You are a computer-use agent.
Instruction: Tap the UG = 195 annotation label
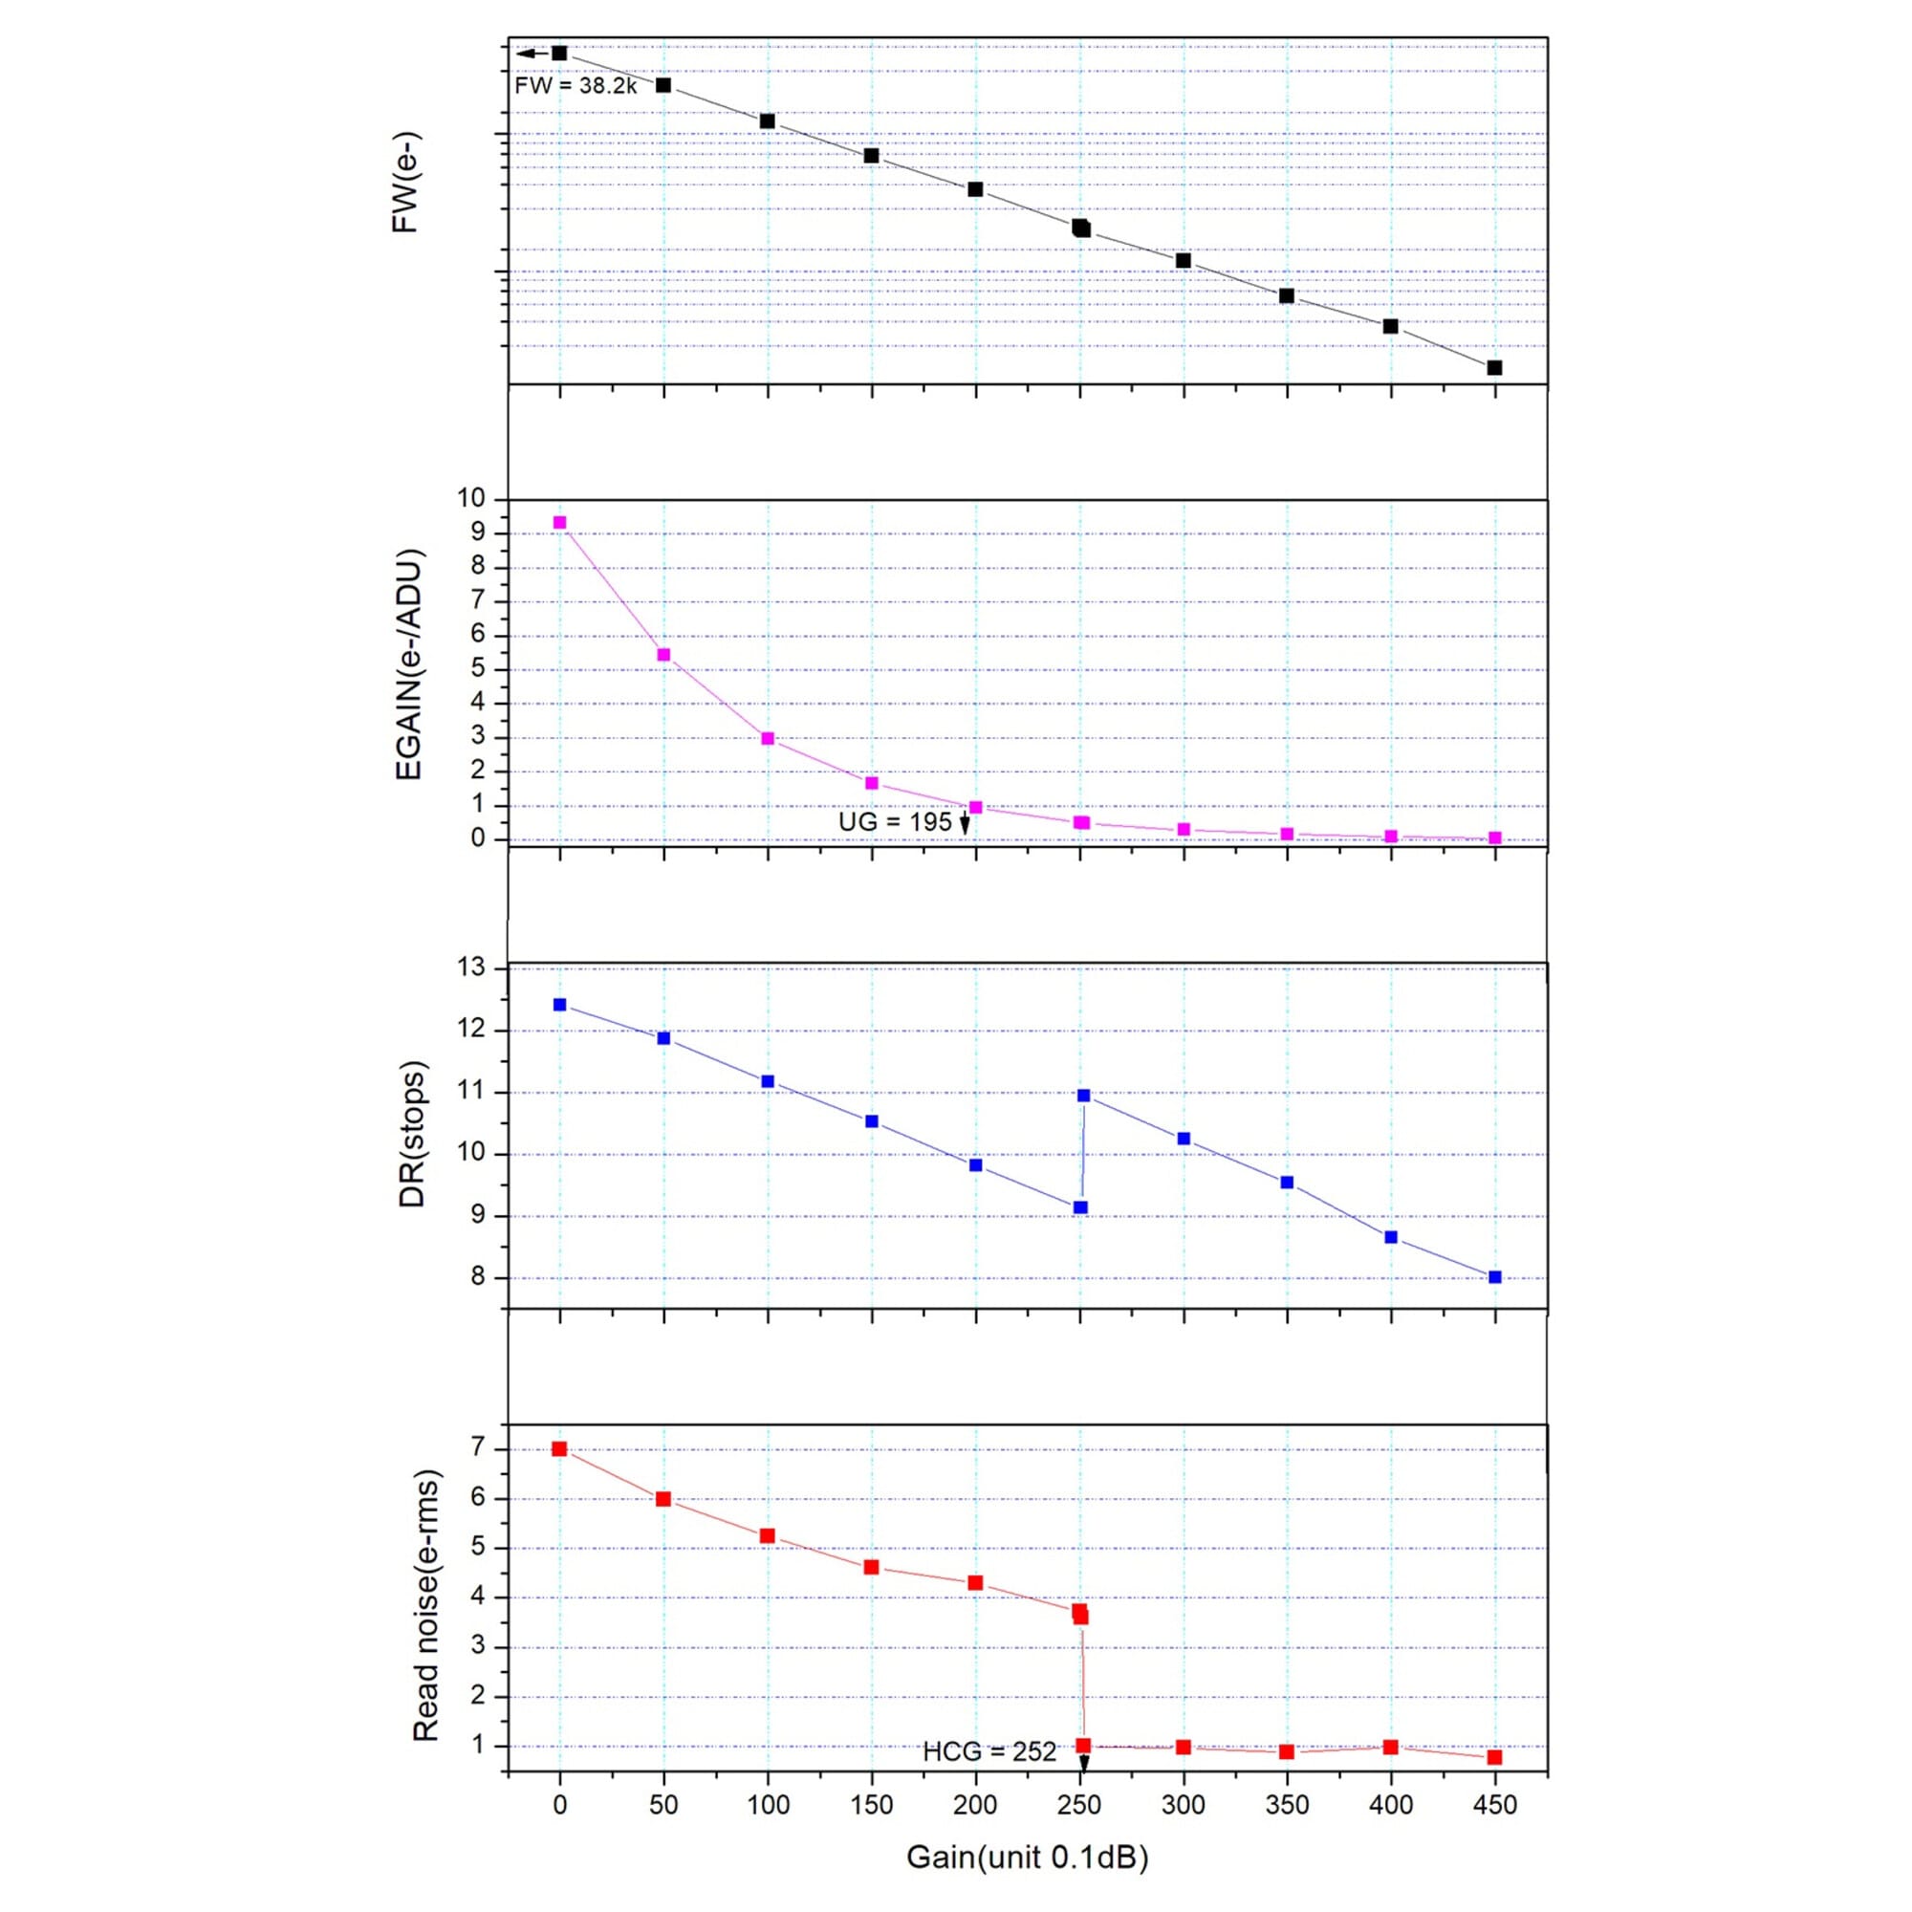[x=895, y=821]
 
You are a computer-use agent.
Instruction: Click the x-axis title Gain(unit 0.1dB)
[x=1028, y=1857]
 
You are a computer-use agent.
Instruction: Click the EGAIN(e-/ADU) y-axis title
[x=409, y=664]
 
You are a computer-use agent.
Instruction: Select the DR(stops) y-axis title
[x=412, y=1134]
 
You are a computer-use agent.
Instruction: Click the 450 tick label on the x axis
[x=1494, y=1804]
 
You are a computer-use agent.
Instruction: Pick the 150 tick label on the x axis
[x=871, y=1804]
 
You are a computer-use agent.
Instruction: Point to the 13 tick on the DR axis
[x=473, y=967]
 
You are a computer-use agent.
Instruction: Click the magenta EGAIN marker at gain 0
[x=560, y=523]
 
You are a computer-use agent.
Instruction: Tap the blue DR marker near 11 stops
[x=1084, y=1096]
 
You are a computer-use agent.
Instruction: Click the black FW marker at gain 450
[x=1494, y=368]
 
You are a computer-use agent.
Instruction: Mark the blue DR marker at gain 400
[x=1390, y=1237]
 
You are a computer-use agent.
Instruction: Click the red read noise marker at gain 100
[x=767, y=1536]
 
